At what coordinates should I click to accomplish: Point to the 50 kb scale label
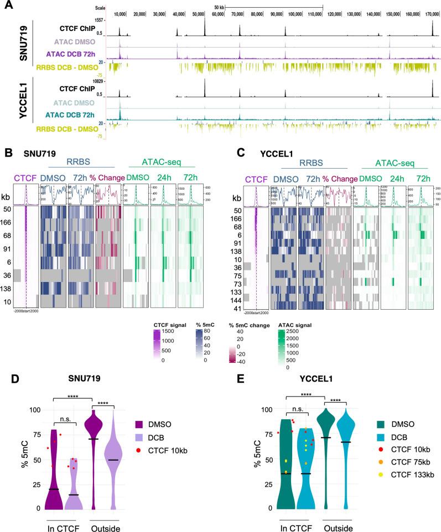[220, 6]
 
